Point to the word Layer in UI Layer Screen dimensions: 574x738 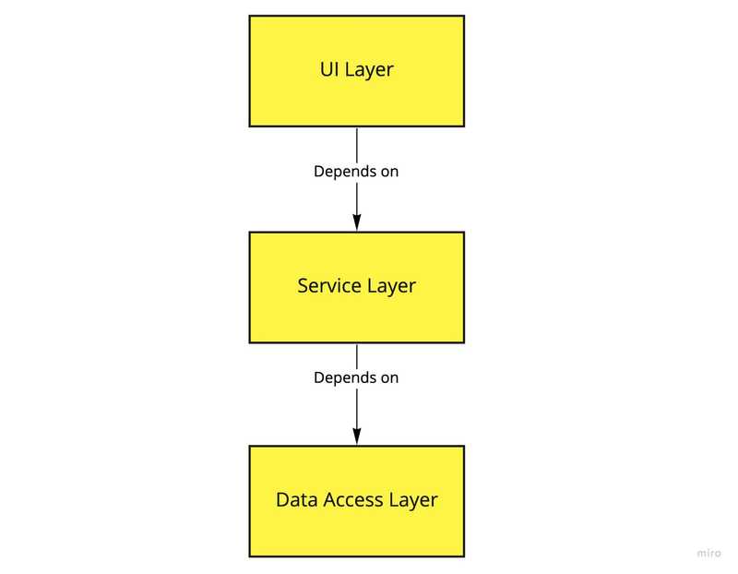(x=370, y=71)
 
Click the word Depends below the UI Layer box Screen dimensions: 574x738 (x=344, y=172)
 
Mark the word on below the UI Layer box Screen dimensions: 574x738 (x=389, y=172)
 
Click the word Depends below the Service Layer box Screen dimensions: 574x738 (x=344, y=377)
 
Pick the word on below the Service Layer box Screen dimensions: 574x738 (x=389, y=377)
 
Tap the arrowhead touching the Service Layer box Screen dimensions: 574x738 (x=357, y=221)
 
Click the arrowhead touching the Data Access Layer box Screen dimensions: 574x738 (x=357, y=436)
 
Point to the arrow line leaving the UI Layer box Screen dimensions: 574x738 (x=357, y=143)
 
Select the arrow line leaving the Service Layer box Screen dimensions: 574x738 (x=357, y=355)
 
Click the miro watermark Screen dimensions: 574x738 (x=708, y=552)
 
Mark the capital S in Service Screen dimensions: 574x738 (x=304, y=286)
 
